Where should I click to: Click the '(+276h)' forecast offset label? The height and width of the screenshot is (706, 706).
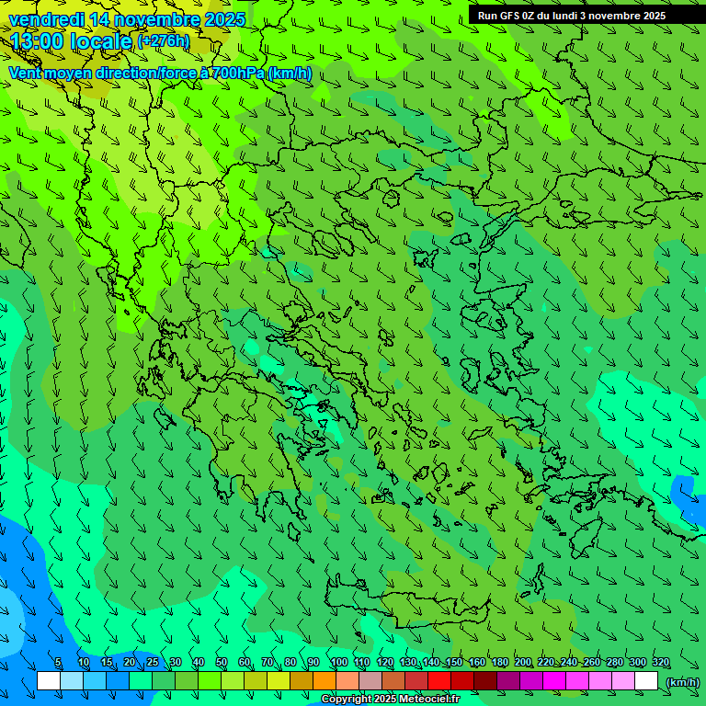click(x=164, y=41)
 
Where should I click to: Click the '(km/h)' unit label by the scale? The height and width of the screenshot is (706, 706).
click(x=682, y=682)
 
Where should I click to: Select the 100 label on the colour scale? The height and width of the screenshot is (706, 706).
click(x=338, y=663)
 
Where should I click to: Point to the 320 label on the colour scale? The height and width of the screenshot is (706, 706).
click(x=660, y=663)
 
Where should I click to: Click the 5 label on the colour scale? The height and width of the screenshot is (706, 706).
click(x=58, y=663)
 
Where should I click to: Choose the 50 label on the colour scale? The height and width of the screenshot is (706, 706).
click(x=222, y=663)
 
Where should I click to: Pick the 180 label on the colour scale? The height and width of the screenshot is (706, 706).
click(x=499, y=663)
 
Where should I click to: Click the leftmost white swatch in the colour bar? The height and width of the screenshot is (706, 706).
click(x=49, y=681)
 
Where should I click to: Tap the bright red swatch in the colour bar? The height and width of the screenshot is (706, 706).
click(x=439, y=681)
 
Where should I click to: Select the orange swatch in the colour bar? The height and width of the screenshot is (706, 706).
click(x=325, y=681)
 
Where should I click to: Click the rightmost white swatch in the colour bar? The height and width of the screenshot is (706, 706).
click(x=646, y=681)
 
